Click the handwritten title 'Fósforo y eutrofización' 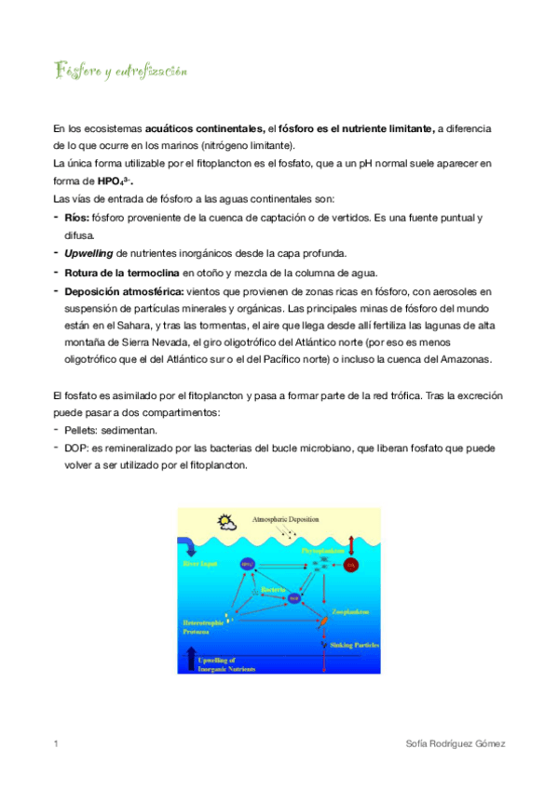pos(121,71)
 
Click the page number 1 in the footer pos(57,744)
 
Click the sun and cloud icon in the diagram pos(225,521)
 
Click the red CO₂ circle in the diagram pos(350,565)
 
